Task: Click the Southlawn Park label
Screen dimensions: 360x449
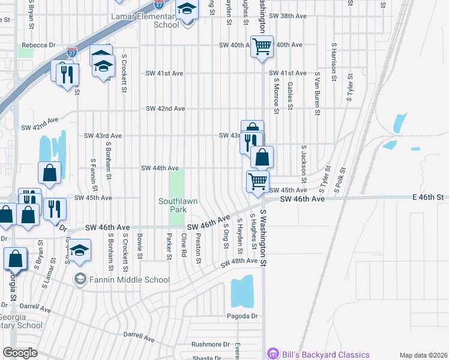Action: click(x=178, y=206)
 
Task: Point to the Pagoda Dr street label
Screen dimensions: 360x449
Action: click(x=242, y=316)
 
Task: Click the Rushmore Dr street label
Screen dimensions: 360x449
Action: click(x=211, y=344)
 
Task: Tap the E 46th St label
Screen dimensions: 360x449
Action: click(x=427, y=197)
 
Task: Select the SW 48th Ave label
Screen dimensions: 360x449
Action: click(x=239, y=262)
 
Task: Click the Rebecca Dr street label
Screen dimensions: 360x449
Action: click(x=38, y=45)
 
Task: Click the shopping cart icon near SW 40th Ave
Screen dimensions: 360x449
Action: click(x=262, y=46)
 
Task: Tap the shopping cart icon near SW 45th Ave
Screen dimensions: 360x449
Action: click(x=258, y=181)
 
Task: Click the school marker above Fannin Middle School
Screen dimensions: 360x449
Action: click(x=79, y=250)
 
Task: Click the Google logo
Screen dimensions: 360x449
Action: click(x=20, y=353)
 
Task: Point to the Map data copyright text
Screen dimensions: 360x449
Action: click(x=423, y=355)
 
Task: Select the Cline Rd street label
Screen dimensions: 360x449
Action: click(x=184, y=247)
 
